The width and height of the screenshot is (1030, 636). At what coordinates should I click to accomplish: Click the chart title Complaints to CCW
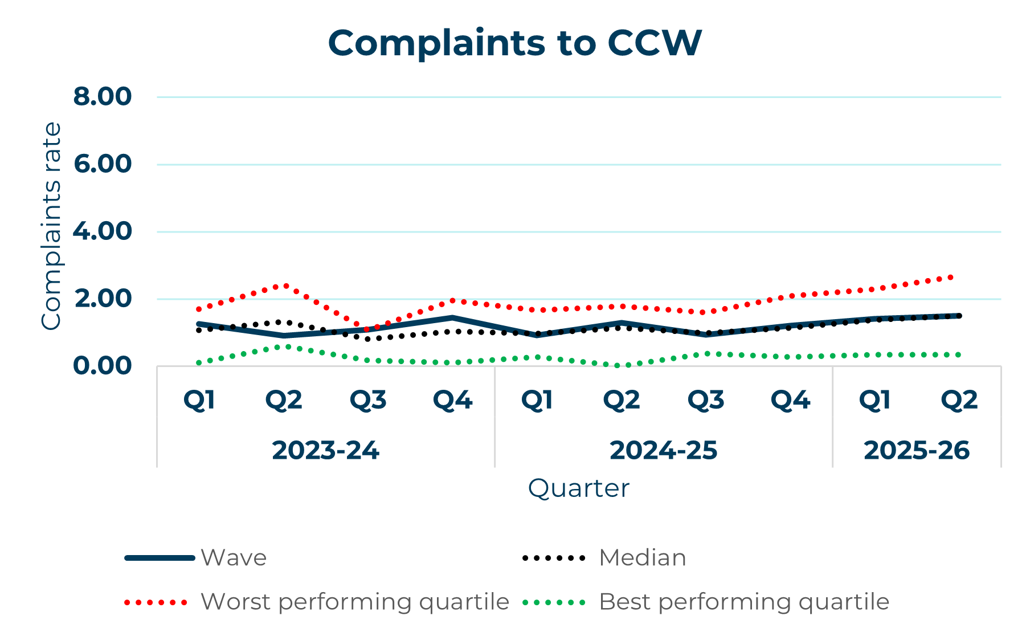[x=514, y=43]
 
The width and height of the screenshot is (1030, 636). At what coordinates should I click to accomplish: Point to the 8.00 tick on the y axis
[x=103, y=96]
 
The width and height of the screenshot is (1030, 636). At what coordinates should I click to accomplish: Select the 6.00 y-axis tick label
[x=103, y=164]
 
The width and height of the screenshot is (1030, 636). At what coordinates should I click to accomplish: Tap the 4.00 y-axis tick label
[x=103, y=231]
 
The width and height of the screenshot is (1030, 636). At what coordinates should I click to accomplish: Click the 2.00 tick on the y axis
[x=103, y=299]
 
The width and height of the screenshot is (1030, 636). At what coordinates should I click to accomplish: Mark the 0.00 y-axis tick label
[x=103, y=366]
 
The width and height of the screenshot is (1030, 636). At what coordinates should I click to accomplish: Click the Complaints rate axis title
[x=51, y=226]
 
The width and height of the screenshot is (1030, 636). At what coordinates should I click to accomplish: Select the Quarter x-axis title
[x=578, y=488]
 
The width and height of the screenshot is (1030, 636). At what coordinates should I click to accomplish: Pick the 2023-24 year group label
[x=325, y=450]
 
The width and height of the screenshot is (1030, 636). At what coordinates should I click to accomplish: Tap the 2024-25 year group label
[x=663, y=450]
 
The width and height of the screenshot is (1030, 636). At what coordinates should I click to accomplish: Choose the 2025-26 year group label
[x=916, y=450]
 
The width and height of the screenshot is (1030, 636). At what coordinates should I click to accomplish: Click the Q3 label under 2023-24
[x=368, y=400]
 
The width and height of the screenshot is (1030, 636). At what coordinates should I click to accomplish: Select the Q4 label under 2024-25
[x=790, y=400]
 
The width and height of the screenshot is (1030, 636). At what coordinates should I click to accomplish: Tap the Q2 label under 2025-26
[x=959, y=400]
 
